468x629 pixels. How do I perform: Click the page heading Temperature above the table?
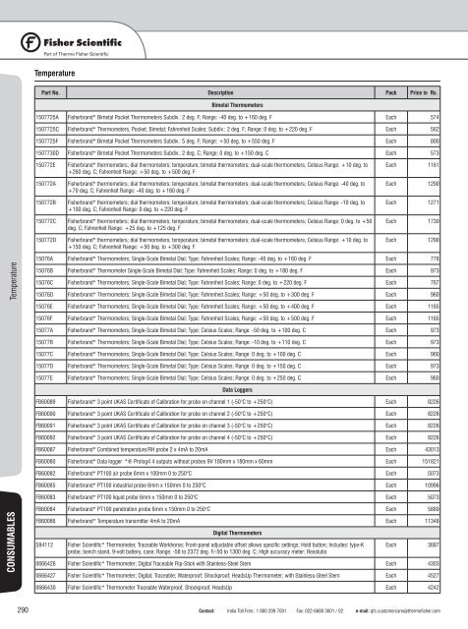point(55,72)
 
